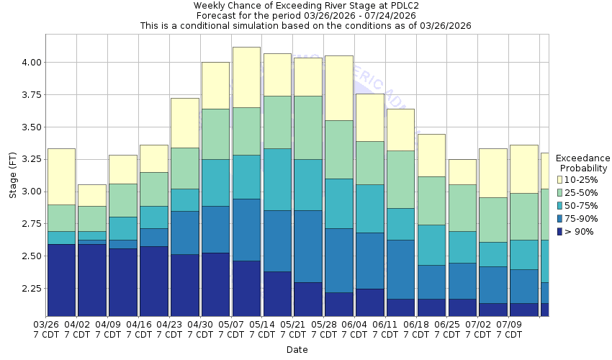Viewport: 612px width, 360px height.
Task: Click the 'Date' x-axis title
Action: coord(297,350)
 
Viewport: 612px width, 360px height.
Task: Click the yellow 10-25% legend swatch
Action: coord(560,179)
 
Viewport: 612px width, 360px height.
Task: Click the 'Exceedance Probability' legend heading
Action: coord(582,163)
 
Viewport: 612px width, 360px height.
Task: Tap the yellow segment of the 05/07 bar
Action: coord(246,77)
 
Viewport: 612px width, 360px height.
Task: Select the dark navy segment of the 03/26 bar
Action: coord(61,280)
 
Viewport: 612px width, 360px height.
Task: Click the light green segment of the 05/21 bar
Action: coord(307,127)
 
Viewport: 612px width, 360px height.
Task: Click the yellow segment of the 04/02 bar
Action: coord(92,195)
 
